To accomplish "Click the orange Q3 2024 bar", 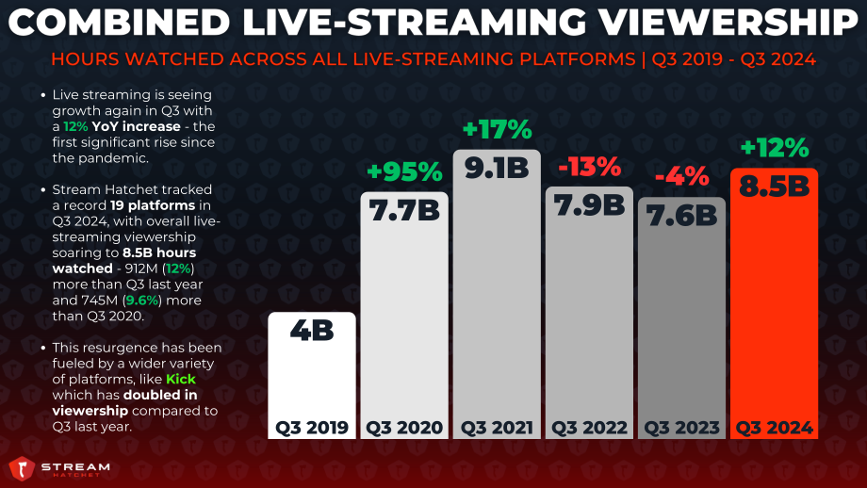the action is click(774, 303).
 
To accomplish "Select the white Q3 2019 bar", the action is click(312, 376).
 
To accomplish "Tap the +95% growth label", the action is click(404, 171).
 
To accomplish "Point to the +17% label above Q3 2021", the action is click(497, 130).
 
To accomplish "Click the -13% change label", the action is click(589, 167).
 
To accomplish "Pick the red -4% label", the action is click(681, 177).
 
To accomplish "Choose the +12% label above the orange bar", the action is click(774, 148).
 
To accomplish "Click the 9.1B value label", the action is click(497, 168).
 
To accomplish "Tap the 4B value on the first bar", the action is click(312, 331).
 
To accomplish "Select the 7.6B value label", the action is click(681, 216).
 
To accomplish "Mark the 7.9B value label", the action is click(589, 205).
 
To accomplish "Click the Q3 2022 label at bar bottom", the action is click(589, 428).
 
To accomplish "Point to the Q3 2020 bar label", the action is click(404, 428).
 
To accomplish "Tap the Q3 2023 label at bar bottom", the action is click(681, 428).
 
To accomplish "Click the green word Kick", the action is click(181, 379).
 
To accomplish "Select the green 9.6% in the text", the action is click(142, 301).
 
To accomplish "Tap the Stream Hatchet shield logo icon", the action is click(22, 468).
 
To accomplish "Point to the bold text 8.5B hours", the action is click(159, 253).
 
